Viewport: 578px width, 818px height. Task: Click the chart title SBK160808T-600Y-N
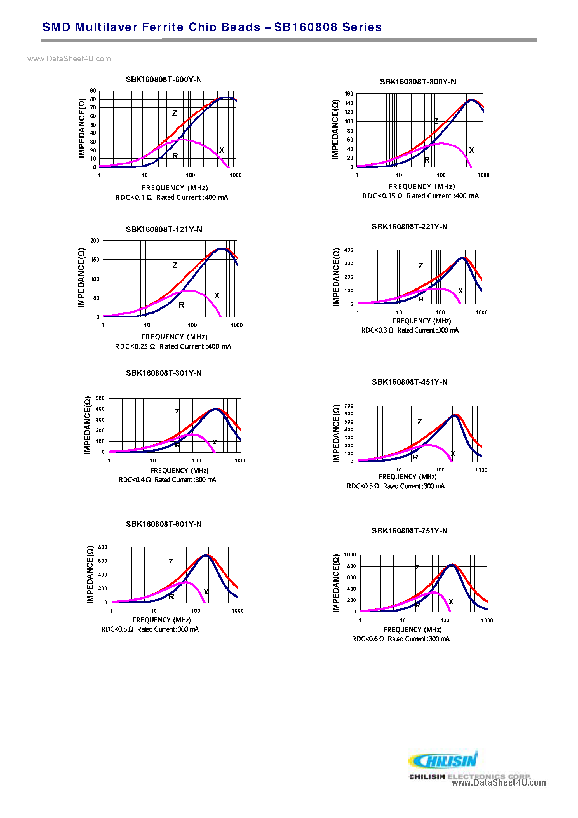(164, 79)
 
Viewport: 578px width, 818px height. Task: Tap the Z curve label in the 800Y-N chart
(436, 121)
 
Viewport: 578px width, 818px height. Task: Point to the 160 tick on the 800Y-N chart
(349, 94)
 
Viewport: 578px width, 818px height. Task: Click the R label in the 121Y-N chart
(181, 305)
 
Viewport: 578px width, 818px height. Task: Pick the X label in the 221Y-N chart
(460, 291)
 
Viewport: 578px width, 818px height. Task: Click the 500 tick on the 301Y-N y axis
(100, 398)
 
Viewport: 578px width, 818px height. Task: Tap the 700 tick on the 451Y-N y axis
(349, 406)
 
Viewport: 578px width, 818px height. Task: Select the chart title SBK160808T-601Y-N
(164, 524)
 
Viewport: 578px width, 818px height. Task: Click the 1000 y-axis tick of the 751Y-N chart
(350, 555)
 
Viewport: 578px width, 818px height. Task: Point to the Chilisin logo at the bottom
(443, 761)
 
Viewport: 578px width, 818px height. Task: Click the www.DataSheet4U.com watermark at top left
(69, 59)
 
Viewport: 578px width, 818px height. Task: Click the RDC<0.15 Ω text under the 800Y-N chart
(382, 196)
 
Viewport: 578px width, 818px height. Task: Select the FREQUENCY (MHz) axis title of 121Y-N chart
(174, 337)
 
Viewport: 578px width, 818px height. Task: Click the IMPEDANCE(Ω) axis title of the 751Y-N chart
(336, 583)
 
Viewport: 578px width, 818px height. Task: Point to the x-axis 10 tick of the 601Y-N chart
(154, 611)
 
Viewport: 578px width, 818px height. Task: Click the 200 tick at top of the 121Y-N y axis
(95, 241)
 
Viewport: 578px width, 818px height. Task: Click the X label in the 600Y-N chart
(222, 150)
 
